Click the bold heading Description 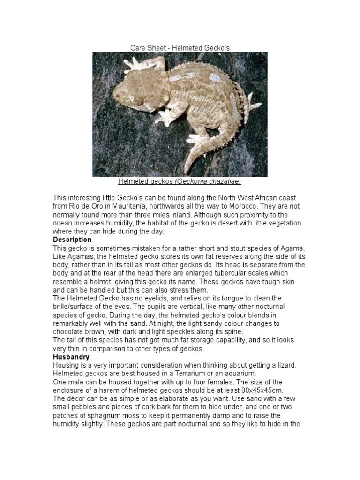click(72, 240)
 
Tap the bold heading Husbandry click(71, 357)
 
